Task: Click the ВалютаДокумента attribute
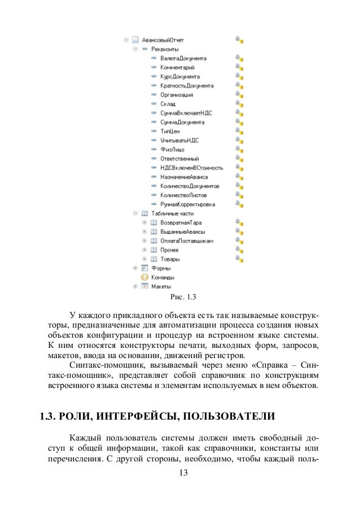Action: coord(183,58)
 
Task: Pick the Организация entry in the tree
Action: coord(177,95)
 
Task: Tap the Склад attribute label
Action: coord(168,104)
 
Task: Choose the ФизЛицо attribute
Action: coord(172,149)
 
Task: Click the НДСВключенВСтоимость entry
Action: coord(191,168)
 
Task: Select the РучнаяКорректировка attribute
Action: coord(187,204)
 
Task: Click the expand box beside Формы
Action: coord(135,268)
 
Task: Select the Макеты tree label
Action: coord(161,286)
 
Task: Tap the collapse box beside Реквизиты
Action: coord(135,49)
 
